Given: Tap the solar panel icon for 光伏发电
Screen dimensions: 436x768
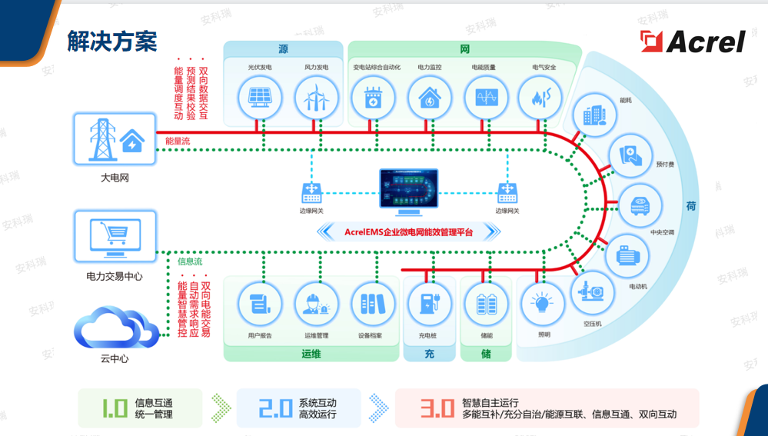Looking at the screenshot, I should (258, 98).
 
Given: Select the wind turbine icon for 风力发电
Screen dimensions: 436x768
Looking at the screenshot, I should (316, 98).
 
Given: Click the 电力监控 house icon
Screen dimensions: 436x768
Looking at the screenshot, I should (430, 98).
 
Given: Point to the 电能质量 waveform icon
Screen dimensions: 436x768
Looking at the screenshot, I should (486, 98).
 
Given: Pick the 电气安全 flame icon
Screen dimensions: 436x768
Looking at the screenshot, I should (543, 98).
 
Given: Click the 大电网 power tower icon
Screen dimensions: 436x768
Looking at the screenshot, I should (115, 139).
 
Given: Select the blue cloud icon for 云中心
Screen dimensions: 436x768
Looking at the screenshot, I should (115, 329).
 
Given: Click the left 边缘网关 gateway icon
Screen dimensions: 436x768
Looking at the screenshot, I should (311, 192).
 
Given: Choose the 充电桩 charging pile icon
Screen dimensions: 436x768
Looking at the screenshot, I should (428, 304).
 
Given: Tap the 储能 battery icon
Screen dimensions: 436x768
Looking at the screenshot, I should (486, 304).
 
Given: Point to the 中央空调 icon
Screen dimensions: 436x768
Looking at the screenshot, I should (640, 206).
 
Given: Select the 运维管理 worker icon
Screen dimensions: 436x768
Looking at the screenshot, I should (316, 304).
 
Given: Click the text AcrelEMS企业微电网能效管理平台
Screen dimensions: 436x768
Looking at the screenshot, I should (409, 231).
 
